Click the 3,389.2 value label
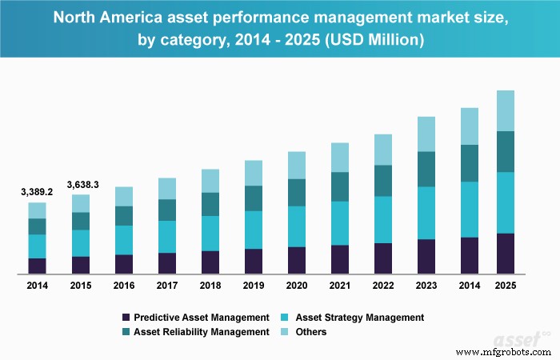pyautogui.click(x=38, y=192)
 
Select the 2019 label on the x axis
pyautogui.click(x=253, y=286)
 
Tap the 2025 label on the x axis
pyautogui.click(x=506, y=286)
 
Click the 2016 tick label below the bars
pyautogui.click(x=124, y=286)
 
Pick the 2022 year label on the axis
pyautogui.click(x=383, y=286)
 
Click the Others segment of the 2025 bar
pyautogui.click(x=506, y=110)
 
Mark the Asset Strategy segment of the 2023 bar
pyautogui.click(x=426, y=213)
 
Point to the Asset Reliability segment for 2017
pyautogui.click(x=167, y=210)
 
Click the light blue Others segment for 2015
pyautogui.click(x=81, y=203)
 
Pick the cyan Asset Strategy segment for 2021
pyautogui.click(x=340, y=223)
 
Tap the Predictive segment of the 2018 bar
pyautogui.click(x=210, y=262)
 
